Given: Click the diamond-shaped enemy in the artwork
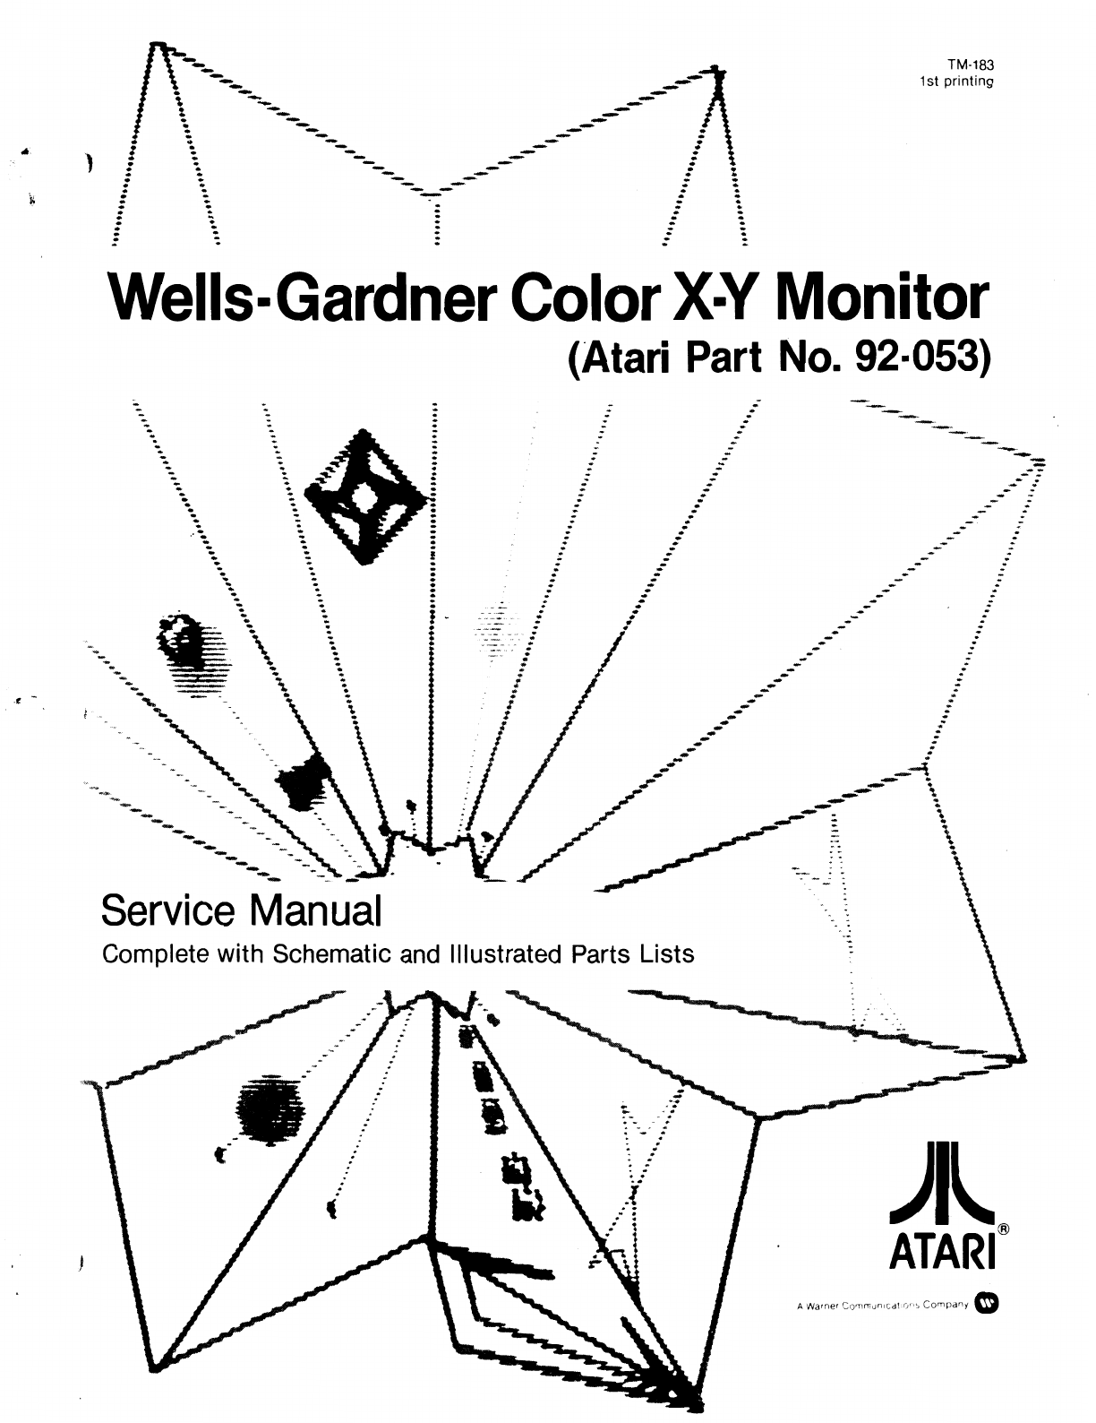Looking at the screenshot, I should click(367, 496).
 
